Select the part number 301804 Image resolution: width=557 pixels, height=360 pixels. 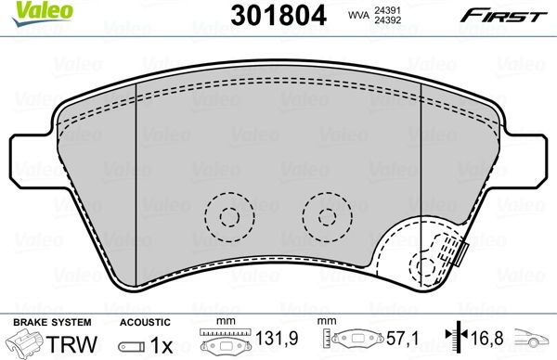click(x=278, y=16)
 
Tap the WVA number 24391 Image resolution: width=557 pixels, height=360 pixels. click(x=387, y=10)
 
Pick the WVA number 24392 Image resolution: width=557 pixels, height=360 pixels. click(x=387, y=20)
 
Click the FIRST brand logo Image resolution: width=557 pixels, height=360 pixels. click(x=504, y=16)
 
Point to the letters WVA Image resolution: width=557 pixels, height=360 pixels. click(x=358, y=15)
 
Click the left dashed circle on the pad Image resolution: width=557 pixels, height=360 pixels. click(x=229, y=217)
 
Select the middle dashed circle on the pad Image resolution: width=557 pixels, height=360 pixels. click(x=327, y=217)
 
